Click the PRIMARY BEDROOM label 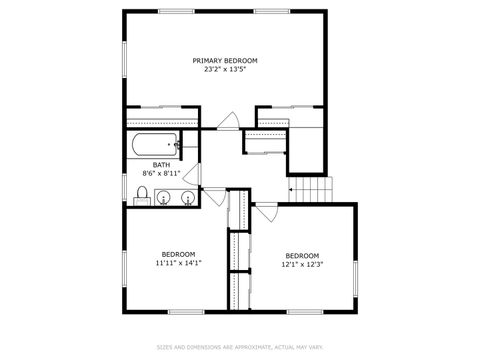(x=224, y=60)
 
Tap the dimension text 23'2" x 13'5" (x=224, y=70)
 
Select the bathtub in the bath (x=154, y=145)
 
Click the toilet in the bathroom (x=143, y=193)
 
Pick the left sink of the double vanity (x=164, y=197)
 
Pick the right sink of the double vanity (x=185, y=197)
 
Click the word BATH (x=161, y=165)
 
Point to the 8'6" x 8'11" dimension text (x=161, y=175)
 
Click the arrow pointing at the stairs (x=294, y=187)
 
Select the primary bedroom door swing (x=229, y=120)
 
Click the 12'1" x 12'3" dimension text (x=302, y=264)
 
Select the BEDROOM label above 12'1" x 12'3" (x=302, y=254)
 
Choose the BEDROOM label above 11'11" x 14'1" (x=179, y=253)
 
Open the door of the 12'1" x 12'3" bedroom (x=266, y=214)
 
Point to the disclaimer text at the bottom (x=240, y=347)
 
